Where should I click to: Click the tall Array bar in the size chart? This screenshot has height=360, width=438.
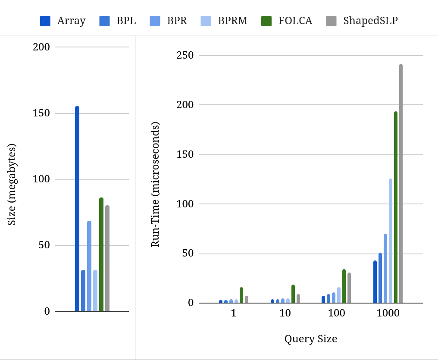coord(77,209)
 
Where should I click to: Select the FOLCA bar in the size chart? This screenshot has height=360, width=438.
coord(101,254)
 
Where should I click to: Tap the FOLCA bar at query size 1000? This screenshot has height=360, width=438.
coord(396,207)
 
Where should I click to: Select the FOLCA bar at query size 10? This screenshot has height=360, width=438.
coord(293,294)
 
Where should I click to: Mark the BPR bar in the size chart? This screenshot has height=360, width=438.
coord(89,266)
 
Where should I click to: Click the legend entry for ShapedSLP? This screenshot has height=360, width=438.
coord(370,21)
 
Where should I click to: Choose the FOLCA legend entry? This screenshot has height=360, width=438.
coord(295,21)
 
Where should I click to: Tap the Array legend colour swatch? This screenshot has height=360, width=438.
coord(45,21)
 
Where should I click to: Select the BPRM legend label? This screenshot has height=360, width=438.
coord(232,21)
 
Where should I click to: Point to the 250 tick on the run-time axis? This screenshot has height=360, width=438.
coord(185,55)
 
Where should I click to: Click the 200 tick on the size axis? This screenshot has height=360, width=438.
coord(41,47)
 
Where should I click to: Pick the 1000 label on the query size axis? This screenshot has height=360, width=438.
coord(388,313)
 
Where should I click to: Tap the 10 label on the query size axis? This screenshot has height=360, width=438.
coord(285,313)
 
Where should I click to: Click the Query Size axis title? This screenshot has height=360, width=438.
coord(310,339)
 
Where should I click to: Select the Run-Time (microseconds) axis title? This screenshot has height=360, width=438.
coord(155,185)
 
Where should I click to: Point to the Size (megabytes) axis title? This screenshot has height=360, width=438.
coord(12,185)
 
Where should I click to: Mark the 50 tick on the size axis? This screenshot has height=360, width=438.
coord(44,245)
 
